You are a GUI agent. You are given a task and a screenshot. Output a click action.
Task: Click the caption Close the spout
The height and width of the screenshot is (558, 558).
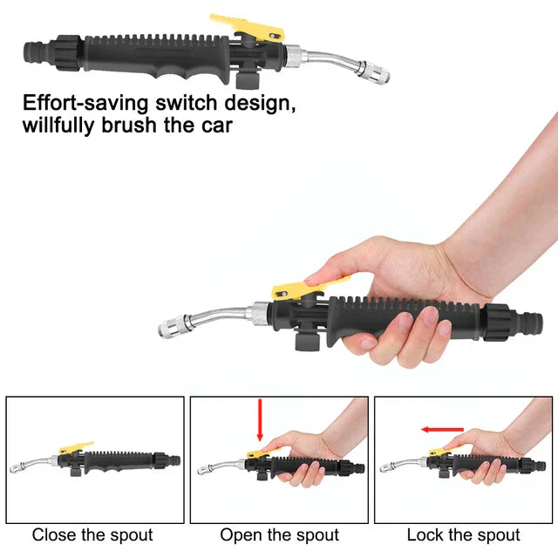click(92, 534)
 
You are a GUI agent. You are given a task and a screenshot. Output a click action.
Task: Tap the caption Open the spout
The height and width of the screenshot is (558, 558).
click(279, 534)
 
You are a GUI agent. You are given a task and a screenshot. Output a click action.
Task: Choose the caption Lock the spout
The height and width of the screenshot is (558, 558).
click(463, 534)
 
